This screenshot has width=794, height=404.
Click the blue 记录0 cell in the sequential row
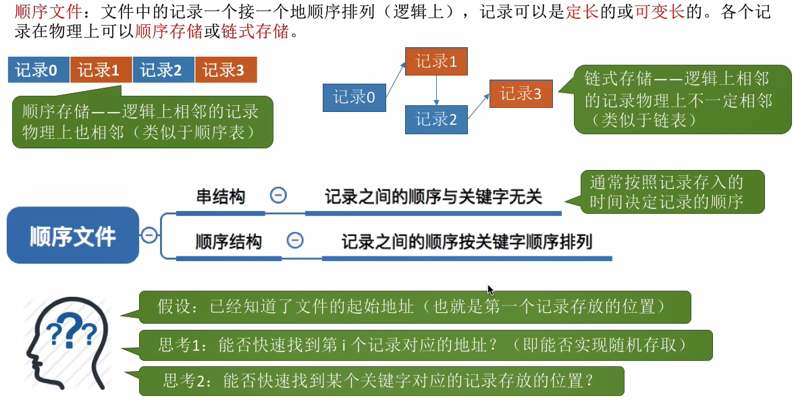[38, 70]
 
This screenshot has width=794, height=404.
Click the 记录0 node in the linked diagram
[354, 97]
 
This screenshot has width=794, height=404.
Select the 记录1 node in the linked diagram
[437, 62]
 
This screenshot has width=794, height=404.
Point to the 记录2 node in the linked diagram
[437, 120]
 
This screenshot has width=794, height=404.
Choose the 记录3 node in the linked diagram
[521, 94]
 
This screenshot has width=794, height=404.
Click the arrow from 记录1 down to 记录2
[437, 90]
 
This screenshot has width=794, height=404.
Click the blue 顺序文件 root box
[73, 235]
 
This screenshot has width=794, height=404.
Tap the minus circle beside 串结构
[278, 196]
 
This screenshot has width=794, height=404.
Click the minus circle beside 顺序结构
[295, 240]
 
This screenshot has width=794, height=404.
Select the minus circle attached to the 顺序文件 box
[149, 235]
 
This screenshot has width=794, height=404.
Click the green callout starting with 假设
[415, 307]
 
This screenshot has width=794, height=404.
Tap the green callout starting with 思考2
[381, 381]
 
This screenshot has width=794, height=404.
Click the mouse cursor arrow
[491, 290]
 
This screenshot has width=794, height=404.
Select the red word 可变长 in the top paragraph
[660, 13]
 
